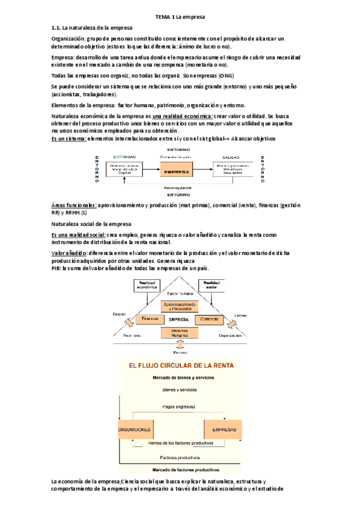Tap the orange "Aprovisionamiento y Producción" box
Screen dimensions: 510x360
coord(178,306)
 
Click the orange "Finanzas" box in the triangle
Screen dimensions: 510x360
coord(150,318)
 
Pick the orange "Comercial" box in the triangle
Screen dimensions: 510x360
coord(209,318)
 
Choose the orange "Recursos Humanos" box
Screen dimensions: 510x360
coord(178,333)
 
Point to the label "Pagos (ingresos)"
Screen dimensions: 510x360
coord(178,407)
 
